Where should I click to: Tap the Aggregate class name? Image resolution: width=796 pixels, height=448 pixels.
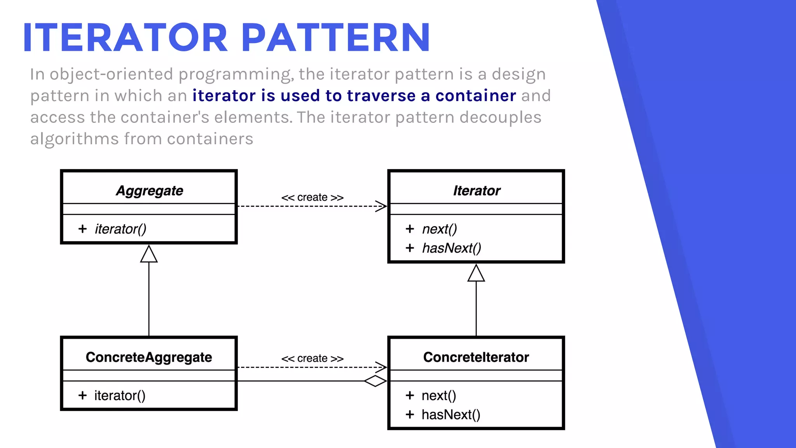pyautogui.click(x=149, y=191)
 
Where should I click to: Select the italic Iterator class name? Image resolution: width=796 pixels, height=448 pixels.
pyautogui.click(x=477, y=191)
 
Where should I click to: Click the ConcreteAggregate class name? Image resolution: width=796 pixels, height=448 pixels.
pyautogui.click(x=149, y=357)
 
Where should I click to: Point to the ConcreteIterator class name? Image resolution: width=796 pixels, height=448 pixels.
pyautogui.click(x=476, y=357)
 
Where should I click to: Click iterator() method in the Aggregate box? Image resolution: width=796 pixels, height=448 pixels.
pyautogui.click(x=120, y=229)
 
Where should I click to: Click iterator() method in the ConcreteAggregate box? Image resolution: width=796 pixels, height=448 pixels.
pyautogui.click(x=120, y=395)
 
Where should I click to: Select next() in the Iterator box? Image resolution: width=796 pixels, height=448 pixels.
pyautogui.click(x=440, y=229)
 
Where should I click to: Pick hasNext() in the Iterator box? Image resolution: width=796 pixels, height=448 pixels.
pyautogui.click(x=452, y=248)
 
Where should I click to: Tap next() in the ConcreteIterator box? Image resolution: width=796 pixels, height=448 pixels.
pyautogui.click(x=439, y=395)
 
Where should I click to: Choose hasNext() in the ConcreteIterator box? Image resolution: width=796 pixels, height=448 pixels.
pyautogui.click(x=451, y=415)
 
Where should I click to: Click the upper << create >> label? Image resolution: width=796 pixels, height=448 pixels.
pyautogui.click(x=312, y=198)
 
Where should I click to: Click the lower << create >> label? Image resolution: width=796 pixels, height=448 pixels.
pyautogui.click(x=312, y=359)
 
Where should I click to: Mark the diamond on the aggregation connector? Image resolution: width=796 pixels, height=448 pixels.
pyautogui.click(x=375, y=381)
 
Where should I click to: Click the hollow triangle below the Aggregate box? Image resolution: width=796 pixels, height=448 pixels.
pyautogui.click(x=149, y=255)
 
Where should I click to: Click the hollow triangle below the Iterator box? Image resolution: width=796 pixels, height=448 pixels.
pyautogui.click(x=476, y=274)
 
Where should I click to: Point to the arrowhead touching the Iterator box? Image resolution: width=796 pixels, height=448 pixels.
pyautogui.click(x=381, y=206)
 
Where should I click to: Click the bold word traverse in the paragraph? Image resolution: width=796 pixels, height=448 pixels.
pyautogui.click(x=381, y=96)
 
